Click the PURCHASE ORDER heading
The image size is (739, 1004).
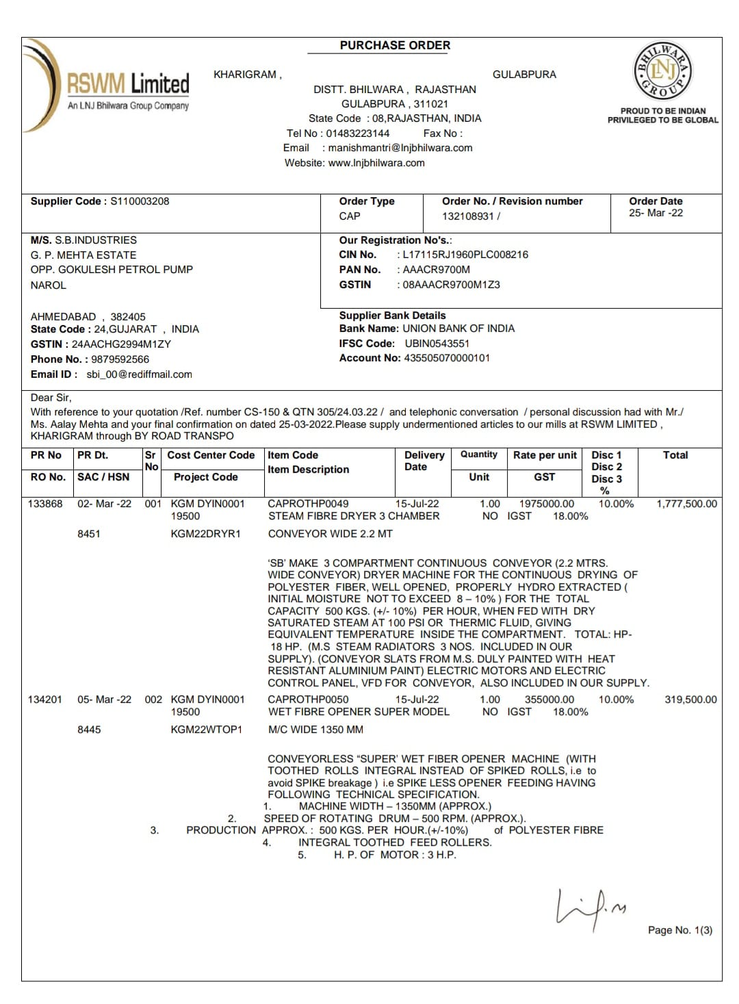point(395,45)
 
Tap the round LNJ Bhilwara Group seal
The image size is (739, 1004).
point(662,70)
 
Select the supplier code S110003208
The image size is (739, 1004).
point(140,201)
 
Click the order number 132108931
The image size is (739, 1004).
point(468,216)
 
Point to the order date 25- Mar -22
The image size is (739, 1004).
point(656,213)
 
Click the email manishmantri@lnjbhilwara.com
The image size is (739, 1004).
point(400,148)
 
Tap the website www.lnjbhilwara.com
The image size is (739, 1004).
point(376,163)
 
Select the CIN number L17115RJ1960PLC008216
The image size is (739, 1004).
point(465,255)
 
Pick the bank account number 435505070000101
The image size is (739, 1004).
point(447,358)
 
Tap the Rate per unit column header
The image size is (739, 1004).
point(545,455)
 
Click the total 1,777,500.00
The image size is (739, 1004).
point(686,504)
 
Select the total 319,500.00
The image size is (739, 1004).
point(690,699)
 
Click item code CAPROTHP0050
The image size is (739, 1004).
point(308,699)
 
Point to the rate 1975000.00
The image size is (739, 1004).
point(547,504)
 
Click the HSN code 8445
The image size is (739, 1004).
point(89,730)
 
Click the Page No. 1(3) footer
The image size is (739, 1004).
point(679,930)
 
